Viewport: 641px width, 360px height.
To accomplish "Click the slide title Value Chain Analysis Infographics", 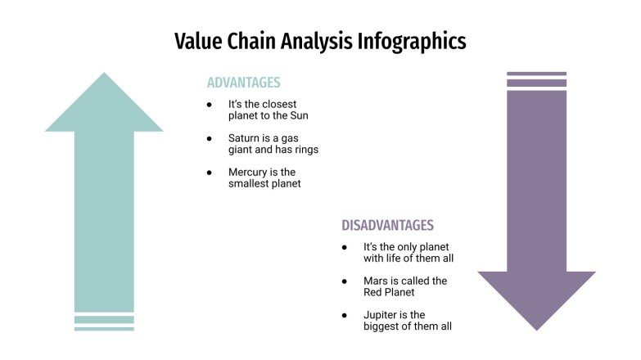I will pos(320,41).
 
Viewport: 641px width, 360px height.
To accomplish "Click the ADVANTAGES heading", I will pos(243,83).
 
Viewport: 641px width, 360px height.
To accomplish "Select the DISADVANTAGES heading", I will pos(387,225).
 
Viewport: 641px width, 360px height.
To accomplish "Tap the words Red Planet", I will pos(390,292).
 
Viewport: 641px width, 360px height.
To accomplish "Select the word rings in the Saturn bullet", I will pos(304,150).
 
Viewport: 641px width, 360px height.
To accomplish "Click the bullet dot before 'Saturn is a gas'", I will pos(210,138).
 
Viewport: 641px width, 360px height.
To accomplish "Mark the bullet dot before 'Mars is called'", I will pos(345,281).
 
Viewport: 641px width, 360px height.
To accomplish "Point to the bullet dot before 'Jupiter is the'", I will pos(345,315).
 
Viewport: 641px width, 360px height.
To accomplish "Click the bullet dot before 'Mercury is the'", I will pos(210,173).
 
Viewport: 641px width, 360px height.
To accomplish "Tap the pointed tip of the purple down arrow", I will pos(536,328).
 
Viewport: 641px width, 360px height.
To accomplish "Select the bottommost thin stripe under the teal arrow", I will pos(104,329).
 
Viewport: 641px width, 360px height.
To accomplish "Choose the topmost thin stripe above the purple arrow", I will pos(536,74).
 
